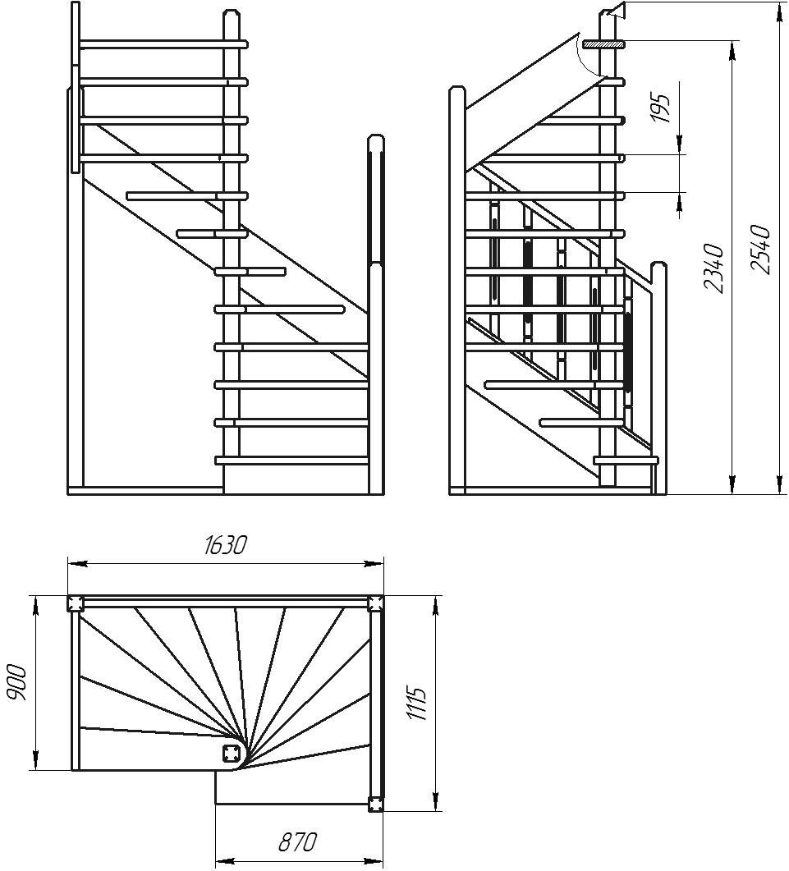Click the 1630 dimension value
click(224, 546)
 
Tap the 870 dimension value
click(297, 842)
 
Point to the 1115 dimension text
click(416, 704)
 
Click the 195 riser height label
click(660, 108)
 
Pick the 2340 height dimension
click(713, 268)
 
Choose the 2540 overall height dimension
click(759, 248)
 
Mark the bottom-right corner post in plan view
click(375, 804)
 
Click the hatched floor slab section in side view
click(603, 44)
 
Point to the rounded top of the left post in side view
click(456, 92)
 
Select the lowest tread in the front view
click(291, 460)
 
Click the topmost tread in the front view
click(164, 44)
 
